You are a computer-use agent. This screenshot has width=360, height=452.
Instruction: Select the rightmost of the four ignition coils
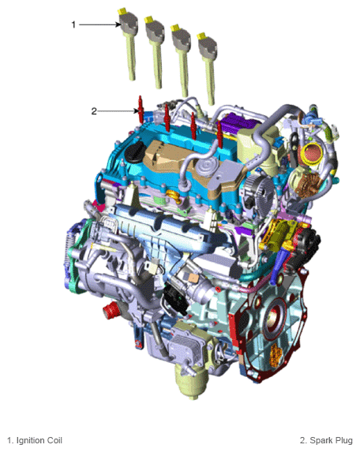pyautogui.click(x=209, y=63)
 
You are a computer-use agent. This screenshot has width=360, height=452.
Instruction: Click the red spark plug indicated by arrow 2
pyautogui.click(x=141, y=109)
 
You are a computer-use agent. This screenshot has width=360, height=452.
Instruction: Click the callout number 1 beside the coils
pyautogui.click(x=73, y=24)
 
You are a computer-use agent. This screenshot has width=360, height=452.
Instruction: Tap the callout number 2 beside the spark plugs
pyautogui.click(x=94, y=111)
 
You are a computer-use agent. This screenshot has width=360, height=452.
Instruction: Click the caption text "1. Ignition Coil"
pyautogui.click(x=34, y=440)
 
